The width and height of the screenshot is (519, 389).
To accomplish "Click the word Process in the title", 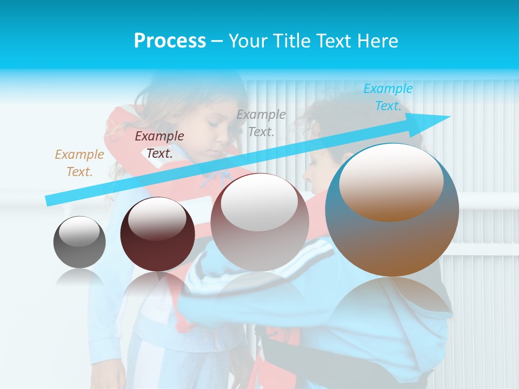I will click(170, 41).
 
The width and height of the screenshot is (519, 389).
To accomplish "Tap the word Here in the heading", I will click(378, 41).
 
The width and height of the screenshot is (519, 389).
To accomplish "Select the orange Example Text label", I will click(79, 163).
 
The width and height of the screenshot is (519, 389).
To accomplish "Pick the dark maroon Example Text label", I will click(159, 145).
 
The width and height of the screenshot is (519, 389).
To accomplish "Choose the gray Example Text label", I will click(261, 123).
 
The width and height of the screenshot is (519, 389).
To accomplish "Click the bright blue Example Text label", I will click(388, 97).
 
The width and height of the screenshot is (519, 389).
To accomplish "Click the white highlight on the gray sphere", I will click(79, 232).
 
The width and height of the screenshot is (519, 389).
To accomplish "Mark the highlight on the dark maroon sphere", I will click(157, 218).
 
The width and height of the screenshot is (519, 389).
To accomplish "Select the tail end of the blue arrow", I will click(51, 200).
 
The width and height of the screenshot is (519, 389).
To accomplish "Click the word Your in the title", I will click(247, 41).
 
